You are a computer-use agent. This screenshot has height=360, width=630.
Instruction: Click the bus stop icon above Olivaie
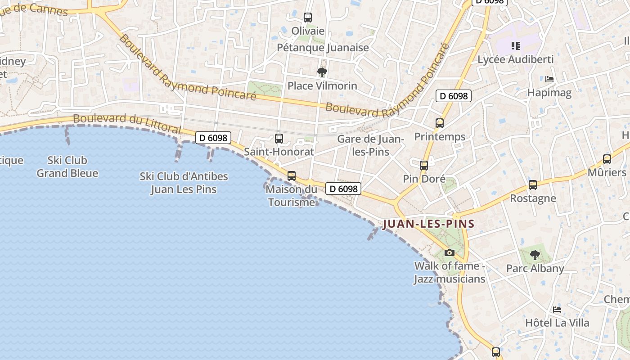click(x=308, y=18)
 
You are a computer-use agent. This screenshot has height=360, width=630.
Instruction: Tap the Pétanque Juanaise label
click(x=323, y=48)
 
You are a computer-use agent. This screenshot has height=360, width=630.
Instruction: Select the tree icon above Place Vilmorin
click(x=322, y=72)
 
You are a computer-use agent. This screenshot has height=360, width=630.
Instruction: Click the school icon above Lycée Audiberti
click(x=516, y=45)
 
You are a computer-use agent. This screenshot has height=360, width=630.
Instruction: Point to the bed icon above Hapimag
click(x=549, y=79)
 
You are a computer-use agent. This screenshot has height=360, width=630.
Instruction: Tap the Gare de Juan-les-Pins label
click(x=371, y=145)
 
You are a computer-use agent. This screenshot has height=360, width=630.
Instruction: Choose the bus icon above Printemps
click(x=440, y=123)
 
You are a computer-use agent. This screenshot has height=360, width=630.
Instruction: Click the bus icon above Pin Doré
click(x=424, y=165)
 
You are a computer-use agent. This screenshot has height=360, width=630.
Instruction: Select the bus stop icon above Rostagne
click(x=533, y=184)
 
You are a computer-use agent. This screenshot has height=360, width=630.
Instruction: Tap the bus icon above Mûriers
click(x=607, y=159)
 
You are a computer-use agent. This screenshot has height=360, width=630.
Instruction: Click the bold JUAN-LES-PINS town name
click(x=428, y=224)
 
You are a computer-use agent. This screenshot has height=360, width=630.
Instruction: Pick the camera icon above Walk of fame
click(x=449, y=252)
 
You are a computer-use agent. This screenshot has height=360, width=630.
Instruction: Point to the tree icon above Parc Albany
click(x=535, y=255)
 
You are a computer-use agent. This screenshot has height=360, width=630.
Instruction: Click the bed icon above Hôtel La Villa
click(x=557, y=310)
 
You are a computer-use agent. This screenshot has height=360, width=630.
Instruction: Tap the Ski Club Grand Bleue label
click(x=67, y=166)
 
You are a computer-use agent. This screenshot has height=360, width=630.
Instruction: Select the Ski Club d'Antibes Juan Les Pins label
click(x=184, y=183)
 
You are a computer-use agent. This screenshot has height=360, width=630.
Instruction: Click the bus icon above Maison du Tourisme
click(x=292, y=176)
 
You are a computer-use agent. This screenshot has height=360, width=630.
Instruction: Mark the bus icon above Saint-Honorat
click(x=279, y=139)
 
